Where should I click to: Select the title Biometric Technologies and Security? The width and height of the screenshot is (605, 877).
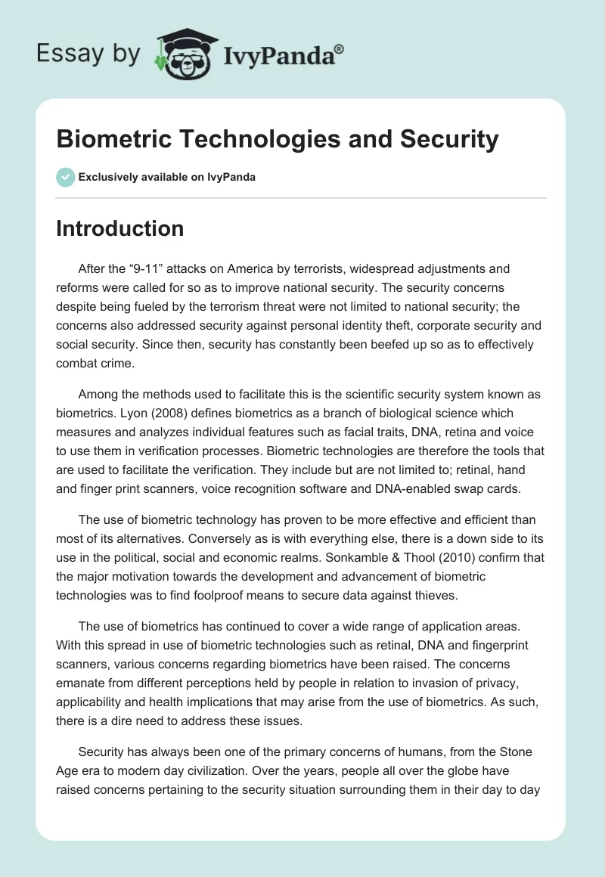pyautogui.click(x=278, y=139)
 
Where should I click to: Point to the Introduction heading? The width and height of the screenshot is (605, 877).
pyautogui.click(x=119, y=228)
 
